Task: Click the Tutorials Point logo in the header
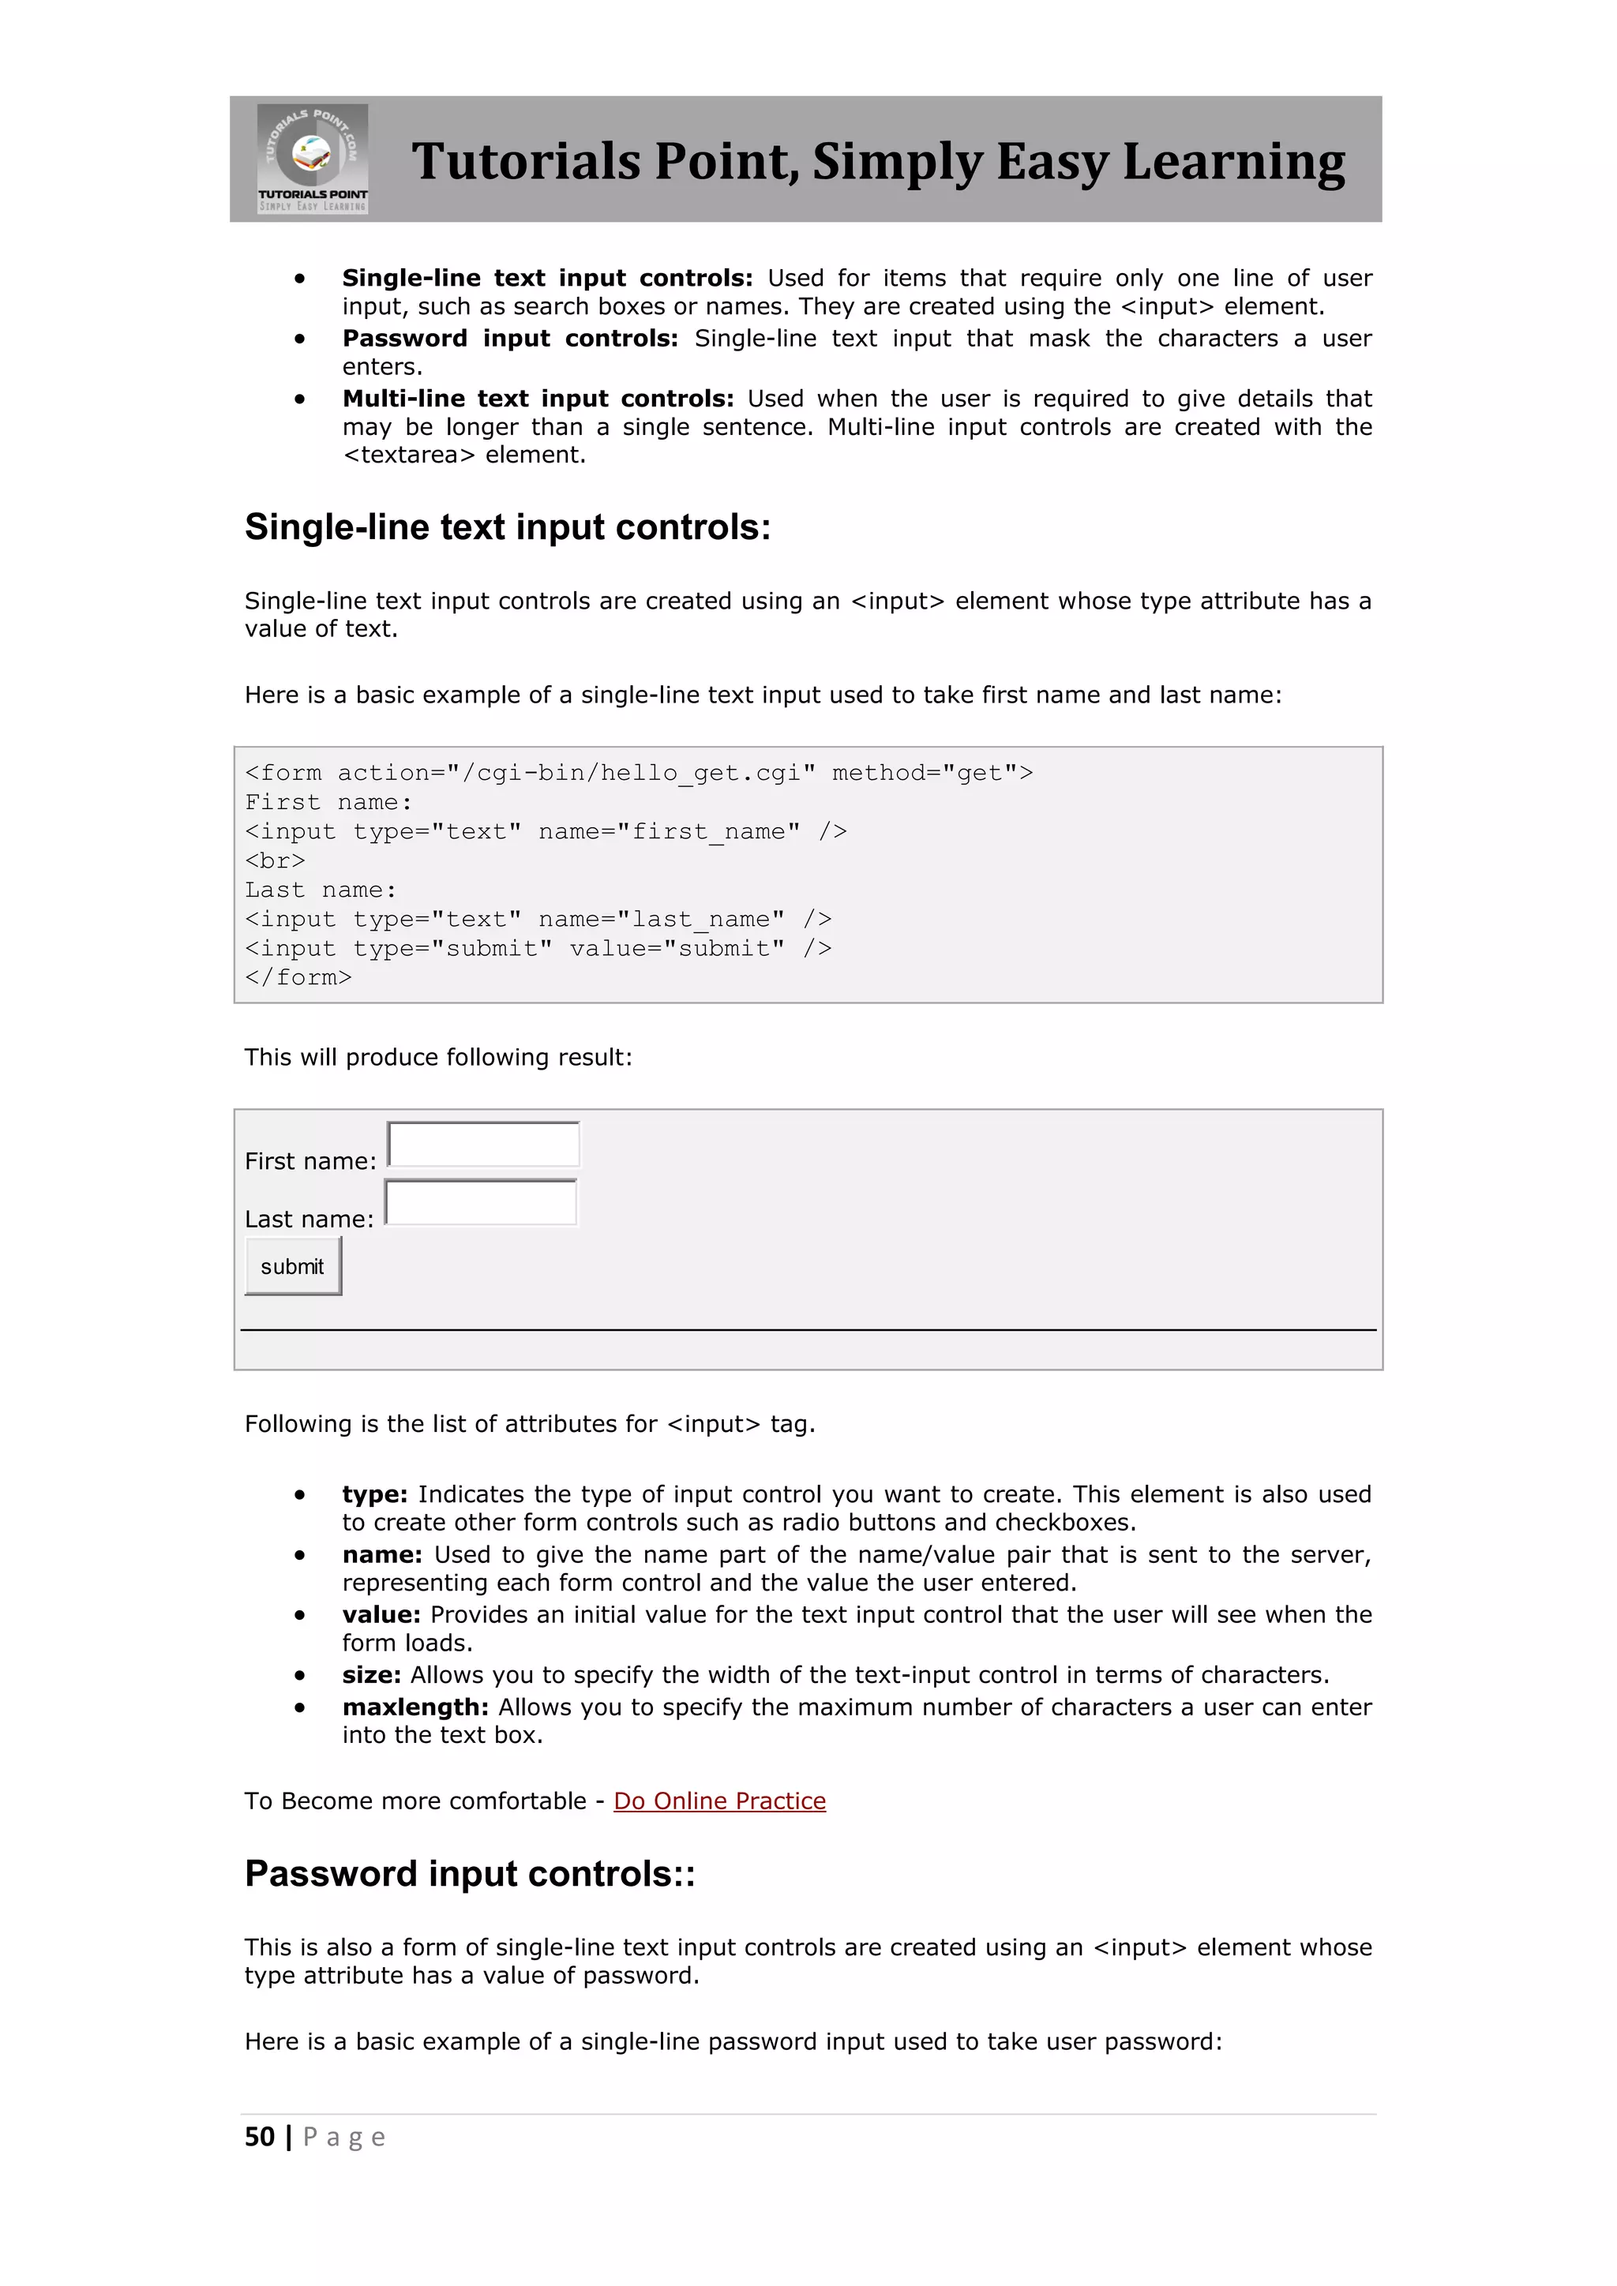tap(312, 159)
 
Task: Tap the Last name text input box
tap(481, 1203)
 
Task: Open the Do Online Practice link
tap(719, 1801)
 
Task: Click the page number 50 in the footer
tap(260, 2137)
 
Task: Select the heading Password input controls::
tap(470, 1874)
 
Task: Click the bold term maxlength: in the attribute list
tap(415, 1707)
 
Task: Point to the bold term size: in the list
tap(371, 1676)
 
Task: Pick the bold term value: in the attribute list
tap(381, 1615)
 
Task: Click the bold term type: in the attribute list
tap(374, 1494)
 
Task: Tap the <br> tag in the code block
tap(275, 861)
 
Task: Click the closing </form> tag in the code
tap(298, 978)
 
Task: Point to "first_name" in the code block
tap(709, 831)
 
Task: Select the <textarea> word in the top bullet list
tap(409, 455)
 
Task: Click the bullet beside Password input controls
tap(300, 339)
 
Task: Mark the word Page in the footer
tap(343, 2138)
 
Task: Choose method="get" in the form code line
tap(924, 774)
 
